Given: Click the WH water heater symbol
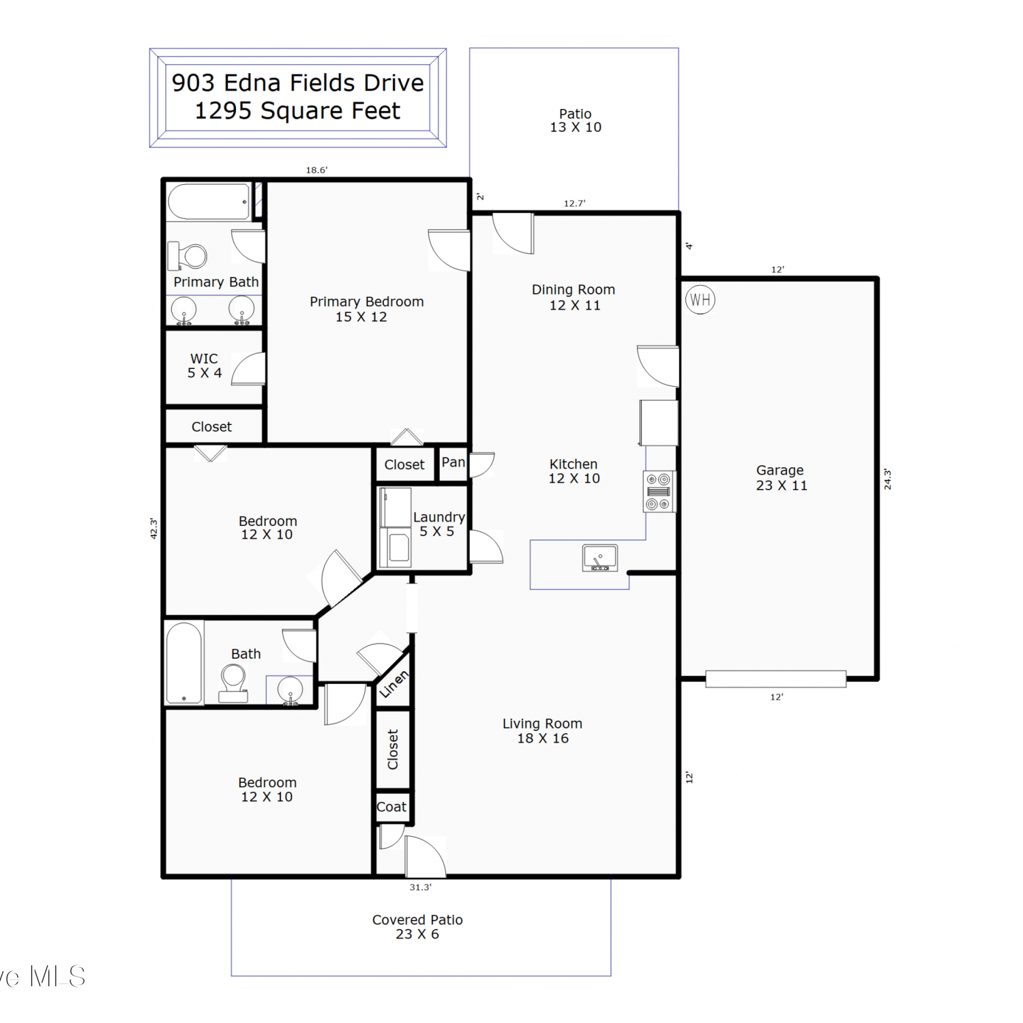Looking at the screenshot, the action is click(x=700, y=299).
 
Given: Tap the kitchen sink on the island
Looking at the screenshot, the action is click(x=600, y=558).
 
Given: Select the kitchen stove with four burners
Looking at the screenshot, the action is click(x=659, y=491).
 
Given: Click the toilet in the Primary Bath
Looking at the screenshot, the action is click(x=188, y=256).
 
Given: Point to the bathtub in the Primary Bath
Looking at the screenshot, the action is click(x=209, y=202).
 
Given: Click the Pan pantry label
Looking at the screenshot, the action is click(x=454, y=462).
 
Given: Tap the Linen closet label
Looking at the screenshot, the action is click(x=394, y=684).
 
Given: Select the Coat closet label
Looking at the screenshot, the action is click(x=391, y=807).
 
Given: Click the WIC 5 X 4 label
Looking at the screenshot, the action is click(x=205, y=366).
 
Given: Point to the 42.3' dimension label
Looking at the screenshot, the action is click(x=153, y=529).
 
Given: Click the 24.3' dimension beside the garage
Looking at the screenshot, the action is click(x=887, y=479).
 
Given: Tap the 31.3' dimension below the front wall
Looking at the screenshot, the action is click(x=420, y=887).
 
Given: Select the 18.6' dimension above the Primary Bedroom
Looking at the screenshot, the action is click(x=316, y=170).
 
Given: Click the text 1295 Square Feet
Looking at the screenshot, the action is click(x=297, y=110).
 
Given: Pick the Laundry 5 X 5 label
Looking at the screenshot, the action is click(x=439, y=524).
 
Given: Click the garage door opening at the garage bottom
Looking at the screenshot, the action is click(x=776, y=679).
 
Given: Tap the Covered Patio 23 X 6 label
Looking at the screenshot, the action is click(x=417, y=927).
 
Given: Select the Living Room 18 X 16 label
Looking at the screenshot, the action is click(x=543, y=730).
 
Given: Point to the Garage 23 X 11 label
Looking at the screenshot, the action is click(x=781, y=477).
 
